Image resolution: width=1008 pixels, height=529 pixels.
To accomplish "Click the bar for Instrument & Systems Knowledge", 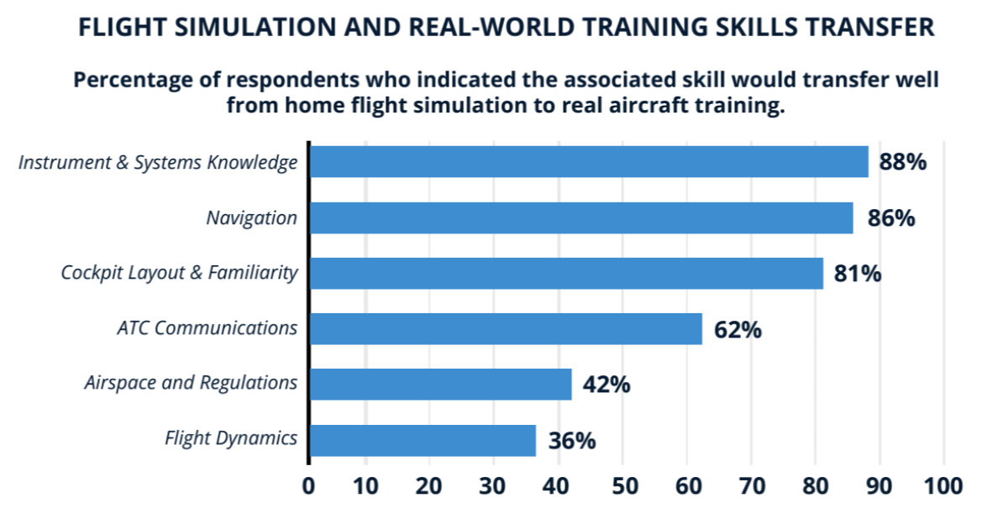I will [588, 161].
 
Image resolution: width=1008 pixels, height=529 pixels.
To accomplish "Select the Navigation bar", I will [580, 217].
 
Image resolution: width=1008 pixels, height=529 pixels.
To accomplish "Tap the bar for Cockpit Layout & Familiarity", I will [565, 273].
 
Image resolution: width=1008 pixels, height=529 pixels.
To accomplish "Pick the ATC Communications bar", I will [505, 328].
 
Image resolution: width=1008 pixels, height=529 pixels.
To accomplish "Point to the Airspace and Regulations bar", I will [440, 384].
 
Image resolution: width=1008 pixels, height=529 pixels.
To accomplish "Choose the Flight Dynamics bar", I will [422, 440].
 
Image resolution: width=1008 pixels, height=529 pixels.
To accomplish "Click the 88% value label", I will [903, 161].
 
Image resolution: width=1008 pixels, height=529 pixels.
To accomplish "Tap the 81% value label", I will [858, 274].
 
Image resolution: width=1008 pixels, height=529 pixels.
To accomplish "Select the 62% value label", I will [738, 330].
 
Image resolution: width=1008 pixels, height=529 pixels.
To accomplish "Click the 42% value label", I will [606, 385].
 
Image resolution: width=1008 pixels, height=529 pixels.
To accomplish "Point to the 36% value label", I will [572, 441].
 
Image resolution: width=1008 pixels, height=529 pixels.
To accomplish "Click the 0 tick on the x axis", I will [308, 486].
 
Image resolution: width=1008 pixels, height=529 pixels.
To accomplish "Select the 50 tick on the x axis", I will [622, 486].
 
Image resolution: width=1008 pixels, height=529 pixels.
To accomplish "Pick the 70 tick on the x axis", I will [751, 486].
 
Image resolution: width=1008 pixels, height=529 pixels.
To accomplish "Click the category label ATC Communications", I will [207, 327].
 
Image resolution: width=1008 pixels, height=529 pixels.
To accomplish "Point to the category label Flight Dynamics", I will [231, 438].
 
